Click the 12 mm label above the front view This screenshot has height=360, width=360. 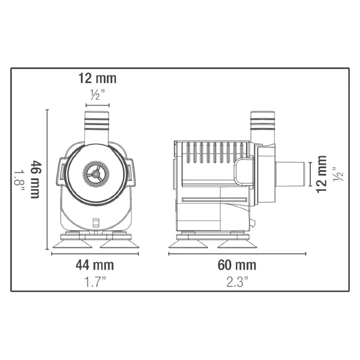click(97, 79)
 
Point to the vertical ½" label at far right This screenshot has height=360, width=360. click(338, 174)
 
